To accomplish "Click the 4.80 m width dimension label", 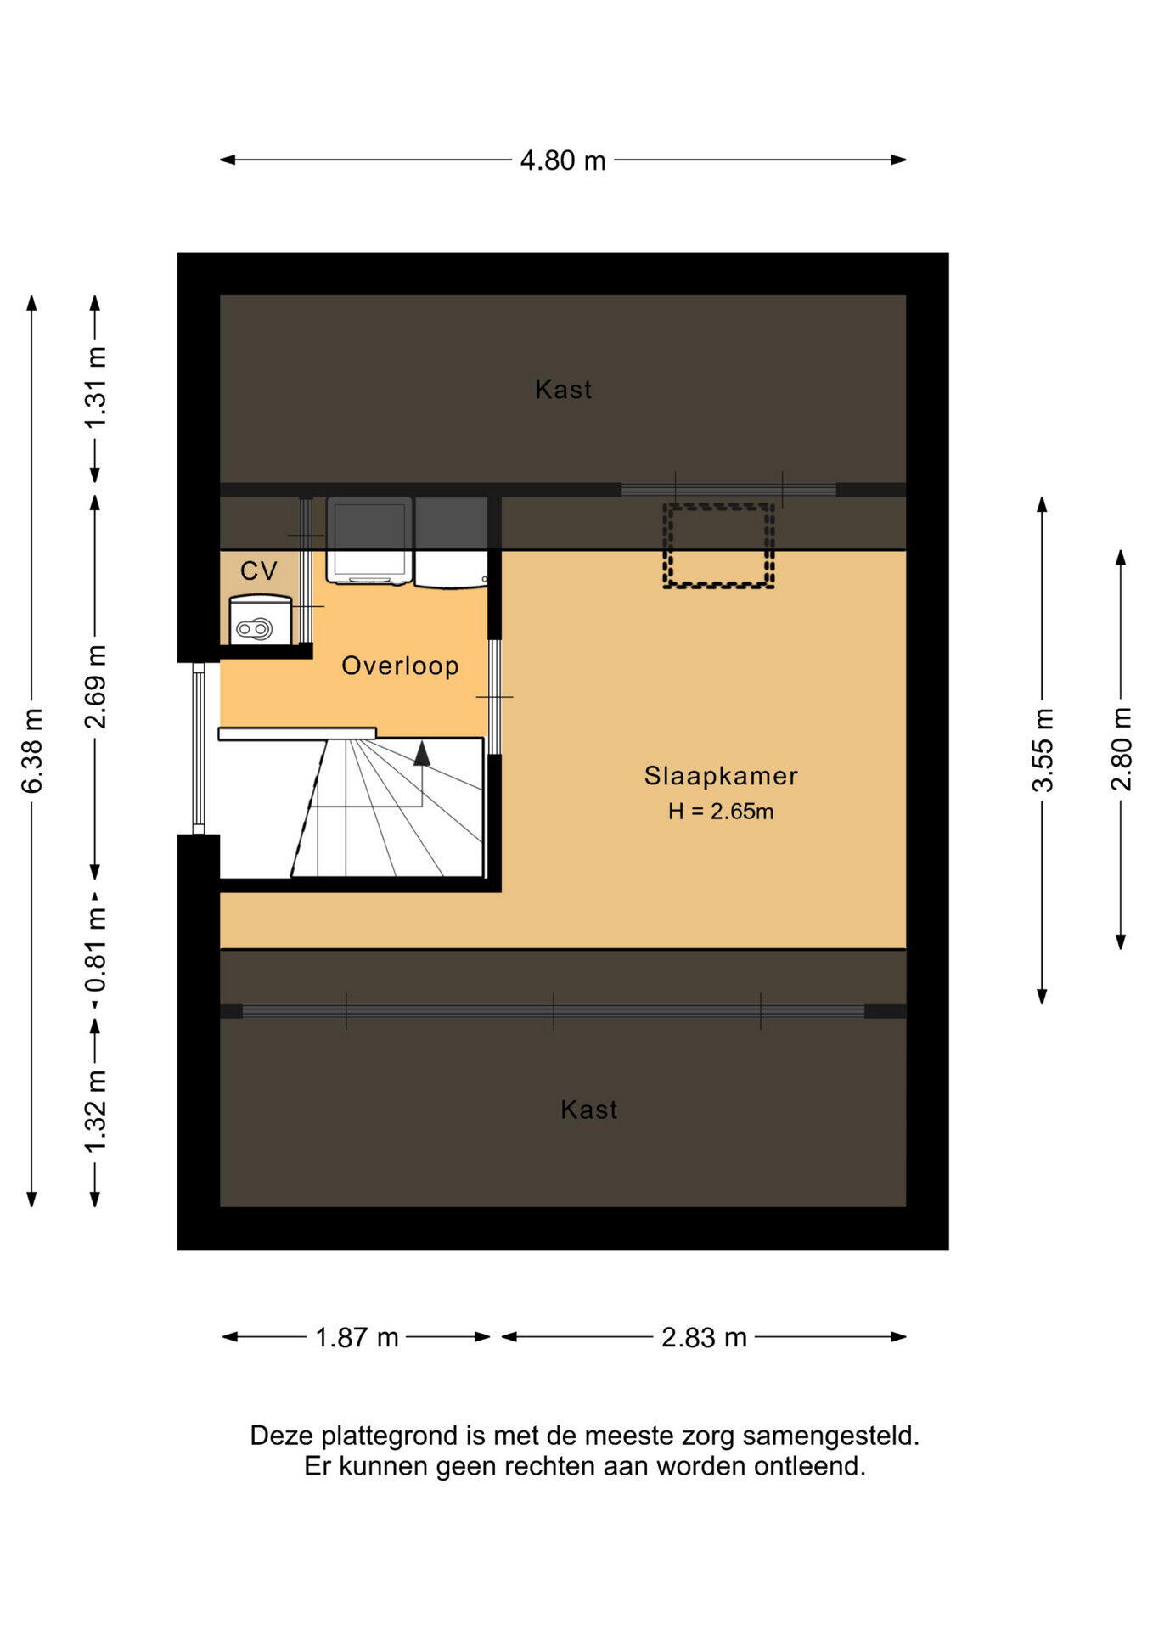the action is (563, 160).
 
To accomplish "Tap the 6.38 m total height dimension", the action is (32, 750).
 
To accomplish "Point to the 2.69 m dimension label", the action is (96, 686).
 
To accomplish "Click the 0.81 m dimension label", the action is (96, 949).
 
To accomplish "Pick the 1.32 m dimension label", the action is (96, 1111).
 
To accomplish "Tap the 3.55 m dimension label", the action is (1043, 750).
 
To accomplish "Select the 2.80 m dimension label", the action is (1122, 749).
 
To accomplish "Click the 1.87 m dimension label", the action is (357, 1337).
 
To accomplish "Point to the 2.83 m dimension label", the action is (704, 1337).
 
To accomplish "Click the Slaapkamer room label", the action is (721, 776).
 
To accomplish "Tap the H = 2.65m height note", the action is (721, 812).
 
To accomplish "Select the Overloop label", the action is (401, 666).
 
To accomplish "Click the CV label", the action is (259, 570).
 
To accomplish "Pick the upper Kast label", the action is (564, 390).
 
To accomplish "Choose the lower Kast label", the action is (589, 1110).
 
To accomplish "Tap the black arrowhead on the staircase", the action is (422, 753).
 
